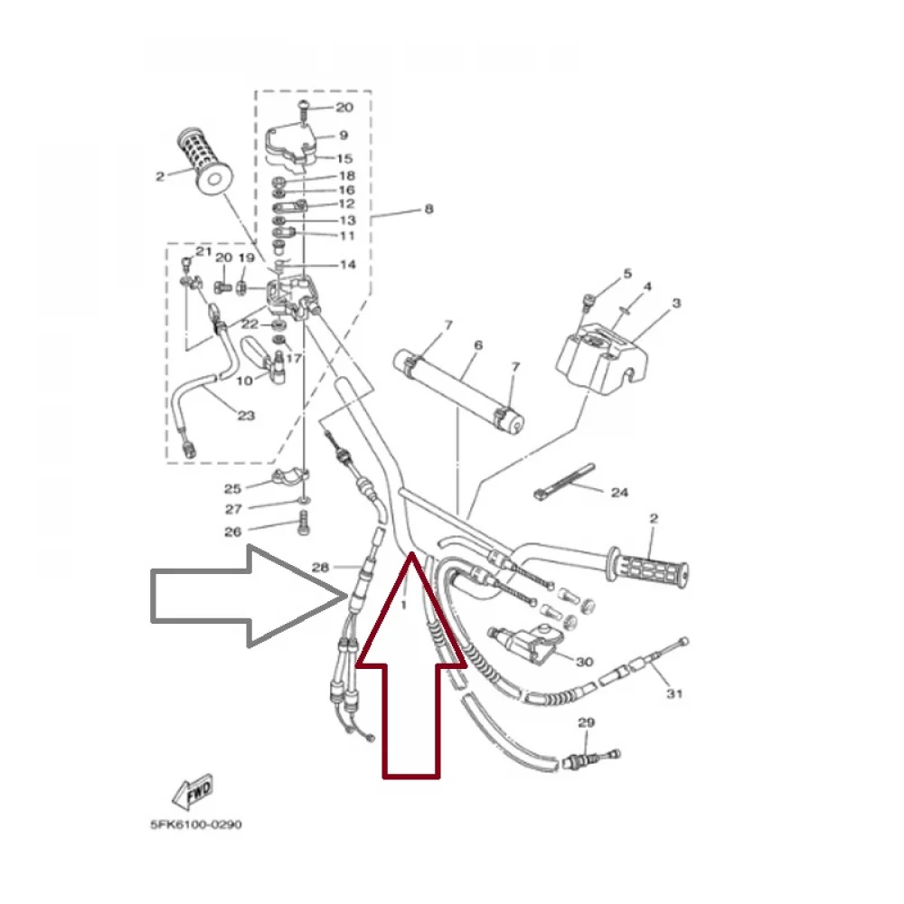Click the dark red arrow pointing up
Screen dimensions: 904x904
[411, 666]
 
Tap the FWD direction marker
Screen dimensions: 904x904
[193, 792]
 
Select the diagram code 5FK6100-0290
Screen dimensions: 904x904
[196, 824]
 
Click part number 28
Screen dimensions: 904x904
[320, 568]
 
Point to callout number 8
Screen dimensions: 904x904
[428, 209]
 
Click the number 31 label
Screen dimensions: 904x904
[674, 693]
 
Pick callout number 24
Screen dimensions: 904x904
[619, 493]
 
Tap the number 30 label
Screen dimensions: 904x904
[585, 662]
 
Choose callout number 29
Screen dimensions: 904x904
[586, 722]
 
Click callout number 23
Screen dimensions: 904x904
[246, 415]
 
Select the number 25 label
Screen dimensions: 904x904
[232, 489]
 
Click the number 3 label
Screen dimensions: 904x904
[676, 303]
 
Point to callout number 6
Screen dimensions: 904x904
[478, 345]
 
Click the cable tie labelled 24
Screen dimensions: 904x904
[564, 482]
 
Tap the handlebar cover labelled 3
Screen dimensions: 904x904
[601, 361]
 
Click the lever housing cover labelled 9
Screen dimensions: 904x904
[291, 146]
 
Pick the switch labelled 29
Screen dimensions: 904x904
[591, 758]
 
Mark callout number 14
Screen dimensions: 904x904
[348, 265]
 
